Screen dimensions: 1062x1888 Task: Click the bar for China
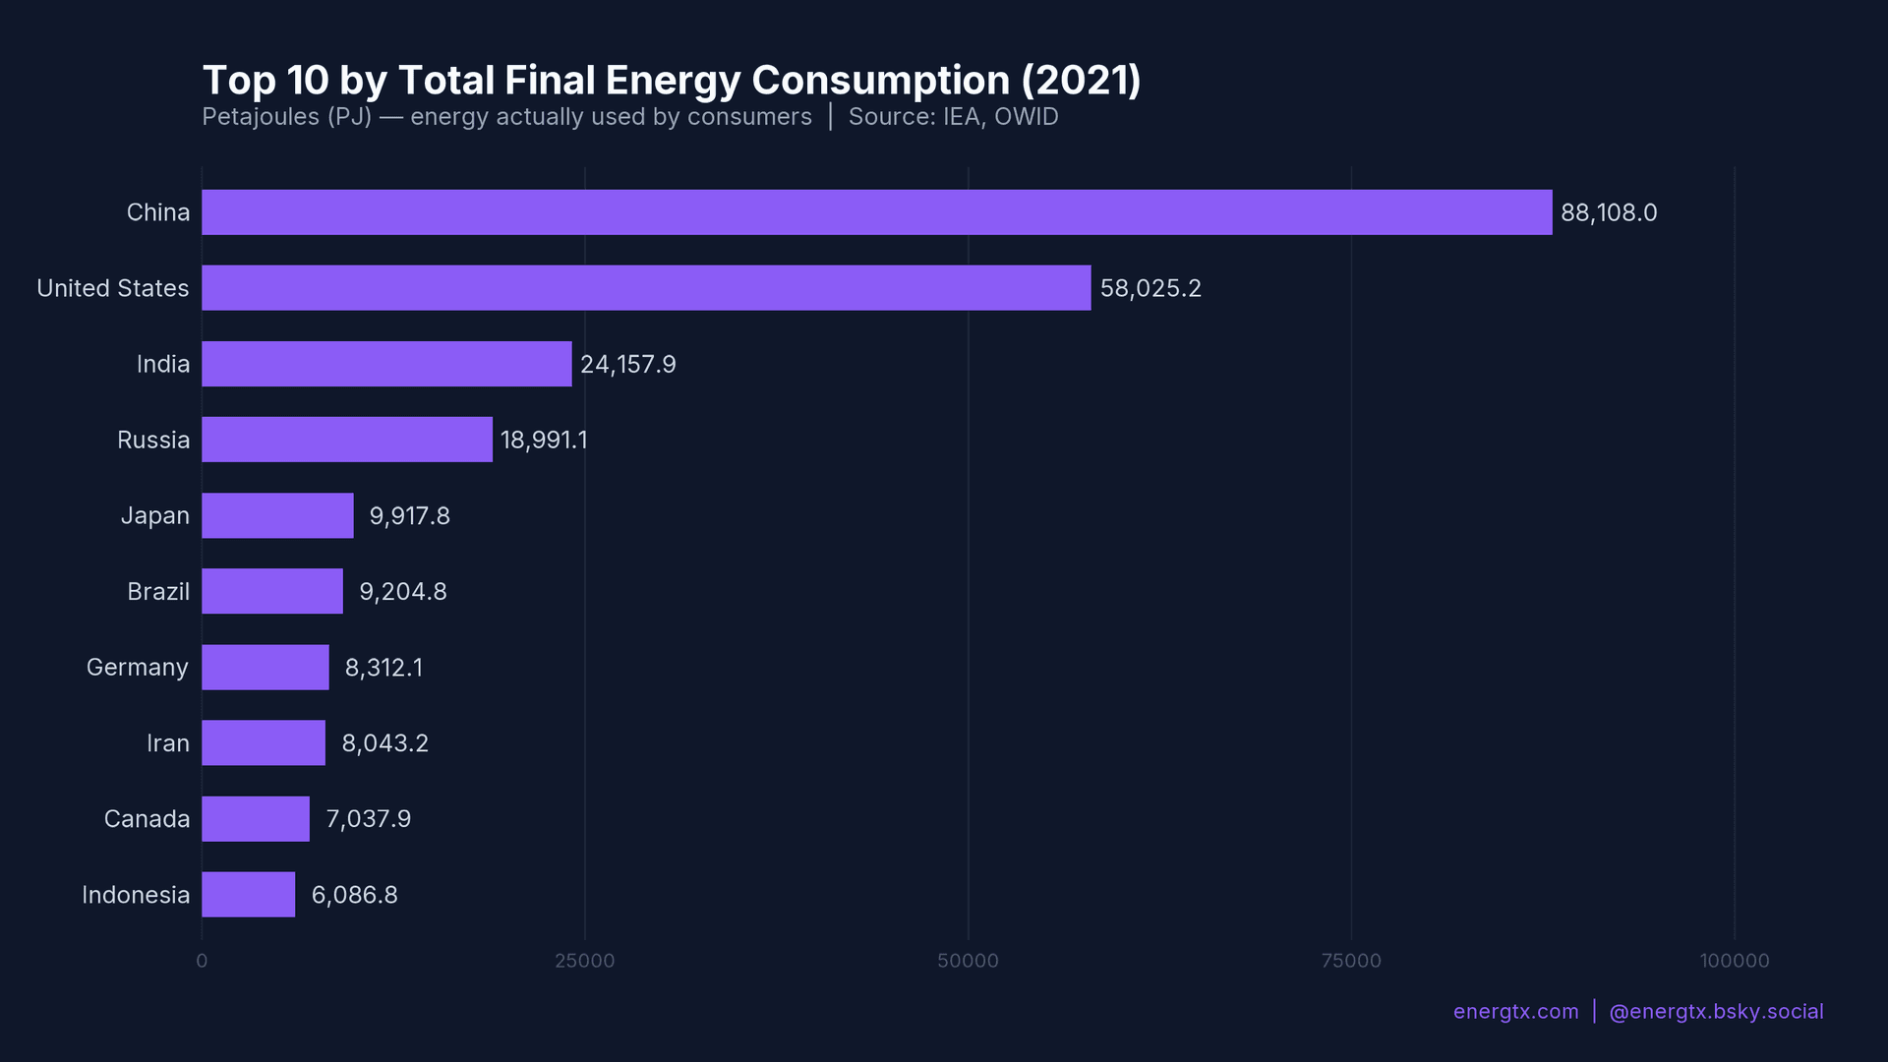pyautogui.click(x=876, y=212)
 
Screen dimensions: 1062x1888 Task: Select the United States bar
pyautogui.click(x=646, y=288)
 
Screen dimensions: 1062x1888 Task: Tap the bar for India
pyautogui.click(x=386, y=364)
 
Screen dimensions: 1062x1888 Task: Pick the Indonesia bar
pyautogui.click(x=248, y=895)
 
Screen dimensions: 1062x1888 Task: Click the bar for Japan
pyautogui.click(x=277, y=515)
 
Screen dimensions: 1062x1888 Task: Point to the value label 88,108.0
pyautogui.click(x=1609, y=212)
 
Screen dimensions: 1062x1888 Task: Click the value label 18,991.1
pyautogui.click(x=544, y=440)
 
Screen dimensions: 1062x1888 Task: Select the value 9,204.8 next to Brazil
pyautogui.click(x=402, y=591)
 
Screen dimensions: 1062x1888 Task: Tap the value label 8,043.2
pyautogui.click(x=384, y=743)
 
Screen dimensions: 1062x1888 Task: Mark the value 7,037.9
pyautogui.click(x=368, y=819)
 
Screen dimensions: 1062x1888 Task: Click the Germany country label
pyautogui.click(x=137, y=668)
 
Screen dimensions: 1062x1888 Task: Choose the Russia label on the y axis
pyautogui.click(x=152, y=440)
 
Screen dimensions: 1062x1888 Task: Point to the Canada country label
pyautogui.click(x=147, y=819)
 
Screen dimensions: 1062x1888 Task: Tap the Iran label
pyautogui.click(x=167, y=743)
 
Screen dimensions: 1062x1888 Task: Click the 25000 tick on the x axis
pyautogui.click(x=584, y=961)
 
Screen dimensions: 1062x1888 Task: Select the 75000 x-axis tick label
pyautogui.click(x=1351, y=961)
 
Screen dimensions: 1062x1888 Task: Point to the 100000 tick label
pyautogui.click(x=1734, y=961)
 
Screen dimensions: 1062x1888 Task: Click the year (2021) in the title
pyautogui.click(x=1081, y=81)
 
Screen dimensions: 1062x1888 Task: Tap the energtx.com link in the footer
pyautogui.click(x=1515, y=1012)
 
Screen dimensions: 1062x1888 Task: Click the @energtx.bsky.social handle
pyautogui.click(x=1716, y=1012)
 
